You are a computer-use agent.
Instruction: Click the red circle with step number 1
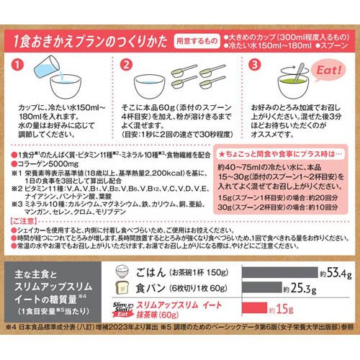click(19, 66)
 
